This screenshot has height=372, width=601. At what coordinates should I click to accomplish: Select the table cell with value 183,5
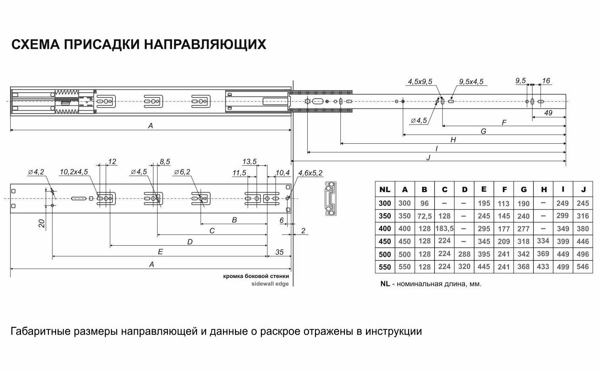tap(445, 228)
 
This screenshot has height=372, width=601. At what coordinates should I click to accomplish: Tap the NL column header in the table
tap(385, 189)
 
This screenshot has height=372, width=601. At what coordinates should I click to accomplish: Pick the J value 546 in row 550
tap(583, 267)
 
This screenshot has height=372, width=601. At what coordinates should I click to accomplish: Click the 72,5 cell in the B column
tap(425, 216)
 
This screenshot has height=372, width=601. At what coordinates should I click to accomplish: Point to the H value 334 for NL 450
tap(543, 241)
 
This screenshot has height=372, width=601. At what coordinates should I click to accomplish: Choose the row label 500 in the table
tap(385, 254)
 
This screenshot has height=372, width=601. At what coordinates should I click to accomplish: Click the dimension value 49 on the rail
tap(548, 113)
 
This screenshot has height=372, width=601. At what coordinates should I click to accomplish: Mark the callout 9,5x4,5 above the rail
tap(471, 82)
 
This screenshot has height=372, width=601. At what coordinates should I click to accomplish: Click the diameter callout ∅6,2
tap(182, 172)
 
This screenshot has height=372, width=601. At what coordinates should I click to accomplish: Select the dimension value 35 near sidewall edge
tap(279, 252)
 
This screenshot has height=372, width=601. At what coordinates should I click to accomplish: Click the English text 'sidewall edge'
tap(270, 284)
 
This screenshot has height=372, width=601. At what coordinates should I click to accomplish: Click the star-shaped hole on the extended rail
tap(307, 101)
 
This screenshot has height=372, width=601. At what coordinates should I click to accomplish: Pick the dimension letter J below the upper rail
tap(428, 158)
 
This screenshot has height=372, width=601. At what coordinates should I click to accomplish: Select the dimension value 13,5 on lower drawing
tap(249, 162)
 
